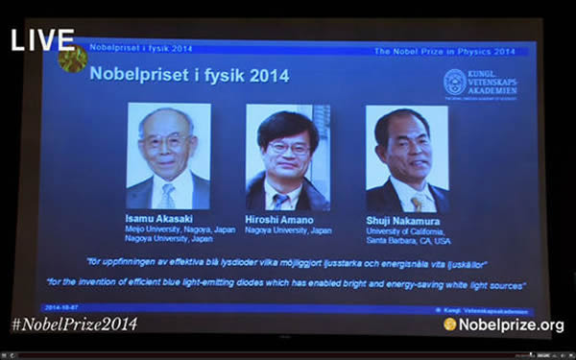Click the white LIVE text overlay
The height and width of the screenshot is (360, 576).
click(42, 39)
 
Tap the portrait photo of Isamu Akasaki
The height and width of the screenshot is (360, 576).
click(168, 156)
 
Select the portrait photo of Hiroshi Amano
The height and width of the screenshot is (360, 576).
click(288, 156)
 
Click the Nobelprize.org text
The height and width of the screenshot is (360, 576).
click(512, 324)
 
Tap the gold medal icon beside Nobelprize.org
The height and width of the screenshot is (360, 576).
click(450, 324)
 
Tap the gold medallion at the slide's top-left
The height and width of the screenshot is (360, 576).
click(72, 59)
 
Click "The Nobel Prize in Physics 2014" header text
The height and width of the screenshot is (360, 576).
click(444, 51)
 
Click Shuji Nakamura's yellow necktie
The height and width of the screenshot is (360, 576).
click(416, 203)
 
